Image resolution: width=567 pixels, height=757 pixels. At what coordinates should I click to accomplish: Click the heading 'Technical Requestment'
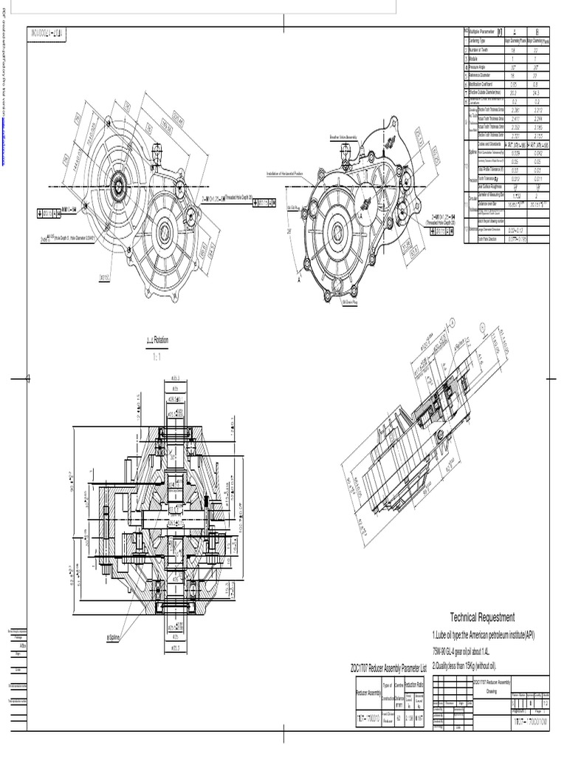click(x=482, y=618)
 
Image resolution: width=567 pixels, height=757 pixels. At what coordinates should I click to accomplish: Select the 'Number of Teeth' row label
click(x=483, y=48)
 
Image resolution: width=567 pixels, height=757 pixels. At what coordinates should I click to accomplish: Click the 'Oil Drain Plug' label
click(x=351, y=302)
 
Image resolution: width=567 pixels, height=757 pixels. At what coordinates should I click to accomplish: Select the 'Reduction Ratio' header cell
click(x=414, y=685)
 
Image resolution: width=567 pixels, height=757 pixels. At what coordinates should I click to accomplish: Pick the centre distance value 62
click(x=398, y=717)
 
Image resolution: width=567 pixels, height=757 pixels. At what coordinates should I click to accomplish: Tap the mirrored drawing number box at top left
click(x=48, y=33)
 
